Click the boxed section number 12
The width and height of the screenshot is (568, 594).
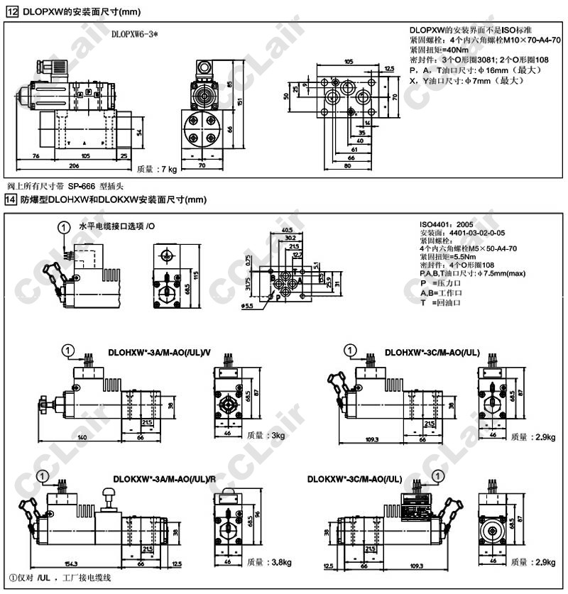click(11, 12)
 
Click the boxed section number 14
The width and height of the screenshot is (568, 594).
click(11, 200)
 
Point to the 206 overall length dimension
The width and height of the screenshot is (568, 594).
click(75, 165)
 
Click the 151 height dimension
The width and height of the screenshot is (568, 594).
click(240, 101)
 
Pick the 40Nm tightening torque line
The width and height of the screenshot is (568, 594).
click(439, 50)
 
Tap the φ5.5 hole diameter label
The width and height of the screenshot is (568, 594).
click(248, 306)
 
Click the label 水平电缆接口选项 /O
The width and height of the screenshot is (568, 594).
click(116, 226)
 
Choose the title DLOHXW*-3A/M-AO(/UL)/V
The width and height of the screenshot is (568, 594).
click(160, 351)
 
